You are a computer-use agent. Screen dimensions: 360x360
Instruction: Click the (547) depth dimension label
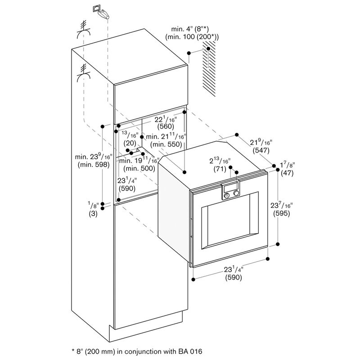click(261, 151)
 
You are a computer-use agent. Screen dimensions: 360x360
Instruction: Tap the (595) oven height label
click(281, 213)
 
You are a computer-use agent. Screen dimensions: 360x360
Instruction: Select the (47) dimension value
click(287, 173)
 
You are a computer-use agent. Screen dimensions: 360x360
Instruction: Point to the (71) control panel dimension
click(220, 169)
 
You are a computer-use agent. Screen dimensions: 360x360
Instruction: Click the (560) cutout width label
click(166, 126)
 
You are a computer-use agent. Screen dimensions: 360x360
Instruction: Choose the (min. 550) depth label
click(166, 144)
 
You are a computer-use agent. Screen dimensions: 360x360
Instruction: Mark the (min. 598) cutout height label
click(94, 165)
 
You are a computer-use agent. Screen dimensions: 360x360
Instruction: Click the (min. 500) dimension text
click(139, 168)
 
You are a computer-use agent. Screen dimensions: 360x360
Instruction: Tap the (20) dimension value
click(130, 143)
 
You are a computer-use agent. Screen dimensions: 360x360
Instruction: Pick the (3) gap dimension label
click(93, 214)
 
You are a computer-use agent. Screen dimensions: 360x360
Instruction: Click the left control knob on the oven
click(227, 195)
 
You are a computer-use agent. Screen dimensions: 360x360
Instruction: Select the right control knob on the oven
click(236, 193)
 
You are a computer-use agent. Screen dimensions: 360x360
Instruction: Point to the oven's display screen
click(231, 188)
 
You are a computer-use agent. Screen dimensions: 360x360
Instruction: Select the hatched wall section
click(209, 68)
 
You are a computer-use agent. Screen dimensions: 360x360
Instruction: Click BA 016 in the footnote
click(190, 351)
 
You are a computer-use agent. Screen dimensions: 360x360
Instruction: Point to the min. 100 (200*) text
click(192, 37)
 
